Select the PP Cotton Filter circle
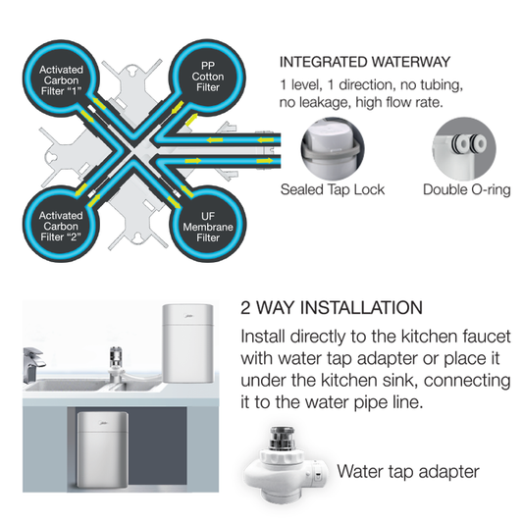click(207, 78)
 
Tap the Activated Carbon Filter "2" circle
click(61, 225)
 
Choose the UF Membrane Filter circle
click(207, 225)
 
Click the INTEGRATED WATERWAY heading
click(365, 62)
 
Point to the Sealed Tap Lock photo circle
click(333, 148)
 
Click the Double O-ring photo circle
click(464, 148)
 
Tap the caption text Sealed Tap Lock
click(333, 189)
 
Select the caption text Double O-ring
click(467, 189)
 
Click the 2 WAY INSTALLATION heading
click(332, 307)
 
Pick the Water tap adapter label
click(408, 471)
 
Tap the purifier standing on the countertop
click(187, 343)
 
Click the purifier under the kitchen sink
click(103, 449)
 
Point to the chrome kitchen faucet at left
click(33, 364)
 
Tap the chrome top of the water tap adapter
click(283, 438)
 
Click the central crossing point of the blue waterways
click(134, 151)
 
